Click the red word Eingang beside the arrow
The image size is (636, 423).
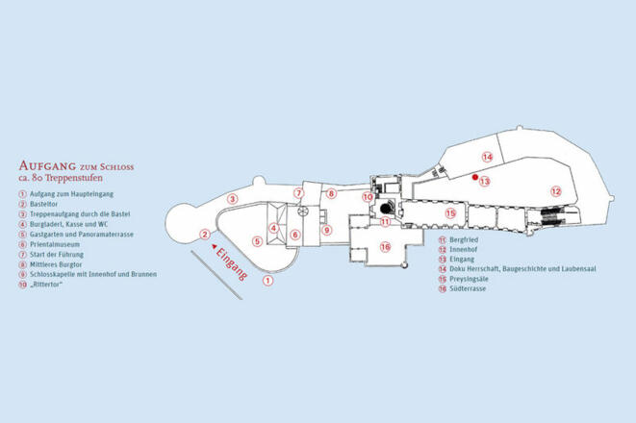232,264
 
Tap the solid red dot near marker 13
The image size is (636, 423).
475,177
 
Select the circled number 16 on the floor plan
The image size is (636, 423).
385,246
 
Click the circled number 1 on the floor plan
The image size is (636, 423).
267,280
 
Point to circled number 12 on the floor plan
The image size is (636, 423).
556,191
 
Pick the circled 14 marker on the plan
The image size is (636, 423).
487,157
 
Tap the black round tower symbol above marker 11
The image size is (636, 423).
387,208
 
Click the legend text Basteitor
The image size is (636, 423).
44,204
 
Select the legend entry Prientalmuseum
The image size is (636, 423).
55,244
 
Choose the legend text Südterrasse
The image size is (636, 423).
468,288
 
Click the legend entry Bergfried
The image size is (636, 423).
464,240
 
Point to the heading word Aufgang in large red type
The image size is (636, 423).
47,165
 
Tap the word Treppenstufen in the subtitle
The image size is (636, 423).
74,178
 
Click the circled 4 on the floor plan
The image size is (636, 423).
274,228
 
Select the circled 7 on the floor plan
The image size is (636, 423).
299,193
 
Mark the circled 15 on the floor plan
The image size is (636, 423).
450,212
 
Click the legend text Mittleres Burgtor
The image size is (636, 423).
56,264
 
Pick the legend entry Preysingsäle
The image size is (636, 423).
469,279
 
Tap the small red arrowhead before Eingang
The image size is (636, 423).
214,245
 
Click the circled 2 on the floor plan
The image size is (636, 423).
205,235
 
